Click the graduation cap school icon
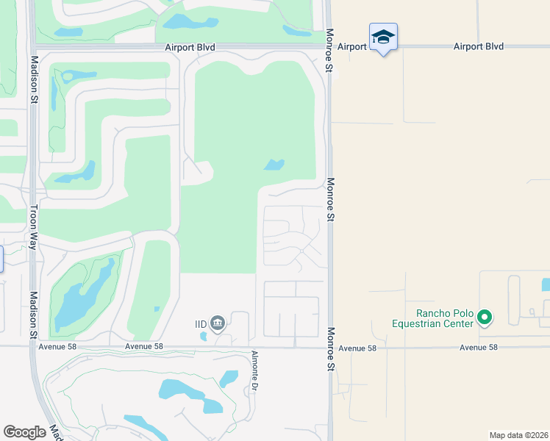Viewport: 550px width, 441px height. coord(383,37)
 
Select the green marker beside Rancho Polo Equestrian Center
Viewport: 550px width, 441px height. coord(484,318)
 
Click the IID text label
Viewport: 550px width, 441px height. coord(201,323)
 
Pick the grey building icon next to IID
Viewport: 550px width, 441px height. coord(218,323)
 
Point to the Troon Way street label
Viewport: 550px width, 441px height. coord(33,226)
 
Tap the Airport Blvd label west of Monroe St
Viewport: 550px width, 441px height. coord(190,47)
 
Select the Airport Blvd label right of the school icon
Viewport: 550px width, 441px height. coord(479,46)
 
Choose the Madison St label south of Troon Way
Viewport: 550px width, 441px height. coord(33,314)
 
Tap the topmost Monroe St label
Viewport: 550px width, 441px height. coord(330,51)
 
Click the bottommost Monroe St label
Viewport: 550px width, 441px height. coord(330,349)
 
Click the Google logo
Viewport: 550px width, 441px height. coord(25,432)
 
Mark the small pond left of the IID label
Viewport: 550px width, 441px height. coord(203,337)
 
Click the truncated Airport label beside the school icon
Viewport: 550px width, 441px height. coord(352,46)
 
